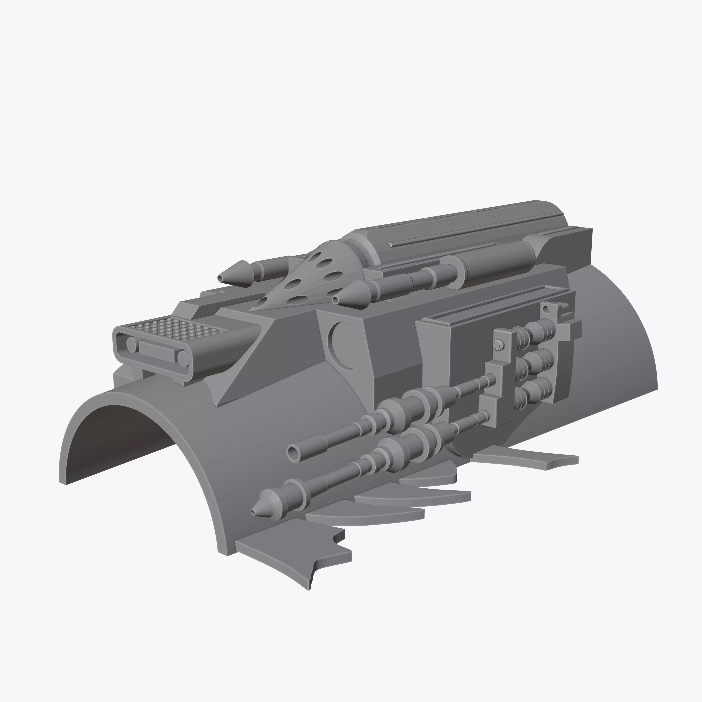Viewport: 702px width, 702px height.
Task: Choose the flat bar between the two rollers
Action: pos(156,351)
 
